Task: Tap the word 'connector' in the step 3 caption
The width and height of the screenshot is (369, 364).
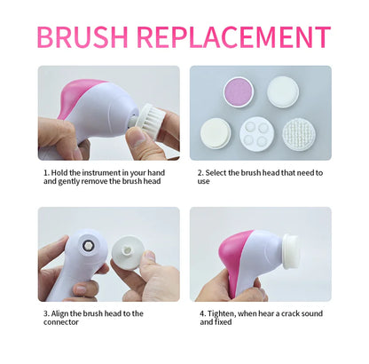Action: pyautogui.click(x=61, y=322)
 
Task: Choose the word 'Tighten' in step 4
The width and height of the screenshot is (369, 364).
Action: pyautogui.click(x=224, y=313)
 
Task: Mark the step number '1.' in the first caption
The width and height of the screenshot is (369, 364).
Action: pyautogui.click(x=46, y=172)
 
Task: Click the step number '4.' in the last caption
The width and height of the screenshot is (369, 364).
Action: pyautogui.click(x=202, y=313)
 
